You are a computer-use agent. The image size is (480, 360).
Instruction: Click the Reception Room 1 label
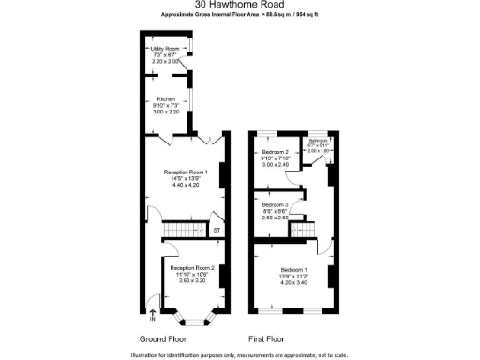point(185,172)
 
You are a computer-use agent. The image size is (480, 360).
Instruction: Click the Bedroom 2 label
point(276,152)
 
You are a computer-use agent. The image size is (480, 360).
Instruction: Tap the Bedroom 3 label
point(275,204)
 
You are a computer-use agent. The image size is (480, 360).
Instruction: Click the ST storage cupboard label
point(217,230)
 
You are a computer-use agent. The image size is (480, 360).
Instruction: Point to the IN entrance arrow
point(153,314)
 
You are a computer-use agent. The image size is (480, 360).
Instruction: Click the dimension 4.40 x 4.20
point(185,185)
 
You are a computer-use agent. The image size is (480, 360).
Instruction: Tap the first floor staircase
point(301,229)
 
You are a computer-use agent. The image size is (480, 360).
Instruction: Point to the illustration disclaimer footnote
point(239,354)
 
